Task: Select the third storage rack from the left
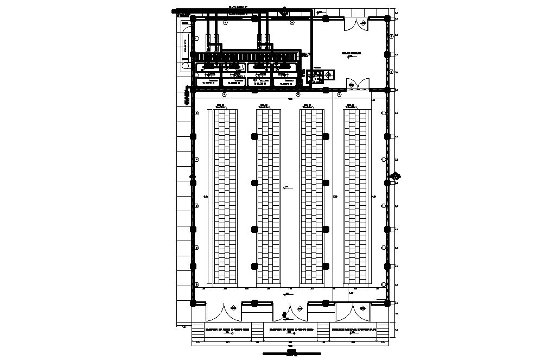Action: point(312,197)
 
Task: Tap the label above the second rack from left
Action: point(264,106)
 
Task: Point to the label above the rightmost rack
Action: point(352,106)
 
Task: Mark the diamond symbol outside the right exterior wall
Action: point(396,176)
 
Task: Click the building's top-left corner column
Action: point(193,18)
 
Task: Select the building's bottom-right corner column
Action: point(388,302)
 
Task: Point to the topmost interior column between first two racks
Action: point(254,136)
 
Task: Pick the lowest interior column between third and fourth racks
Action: point(326,266)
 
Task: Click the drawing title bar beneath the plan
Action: point(291,352)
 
